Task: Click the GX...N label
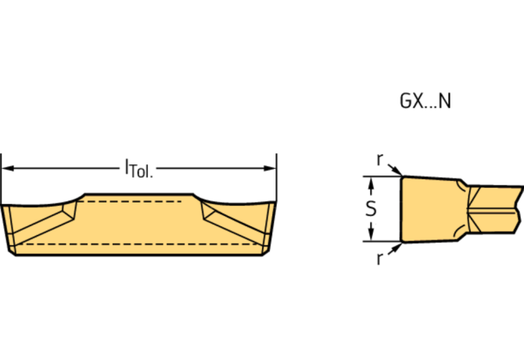(x=423, y=102)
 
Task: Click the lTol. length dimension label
(x=139, y=167)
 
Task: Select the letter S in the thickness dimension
(x=371, y=209)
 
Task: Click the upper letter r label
(x=379, y=160)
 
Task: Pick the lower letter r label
(x=379, y=259)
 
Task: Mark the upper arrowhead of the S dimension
(x=371, y=181)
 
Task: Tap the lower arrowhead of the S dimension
(x=371, y=237)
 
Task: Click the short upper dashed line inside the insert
(x=133, y=202)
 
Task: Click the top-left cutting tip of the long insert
(x=4, y=205)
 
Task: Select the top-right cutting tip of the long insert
(x=275, y=205)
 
